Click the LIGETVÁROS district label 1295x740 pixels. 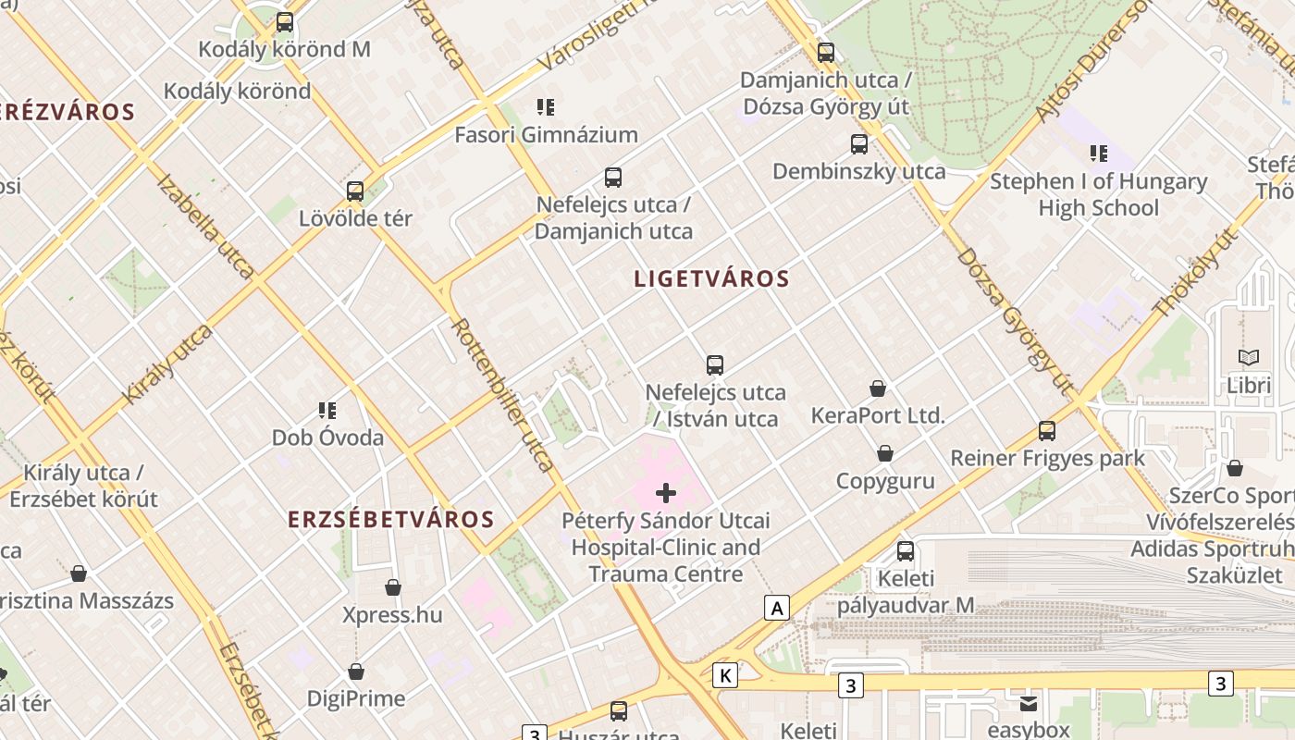[x=711, y=278]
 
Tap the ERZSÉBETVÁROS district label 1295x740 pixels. [x=391, y=519]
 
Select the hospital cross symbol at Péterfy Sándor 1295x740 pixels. [x=665, y=493]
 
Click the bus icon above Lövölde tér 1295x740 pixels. [x=355, y=191]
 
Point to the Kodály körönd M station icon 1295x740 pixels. [x=285, y=22]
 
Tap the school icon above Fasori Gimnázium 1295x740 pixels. [x=546, y=107]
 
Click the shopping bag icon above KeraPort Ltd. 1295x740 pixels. [x=878, y=388]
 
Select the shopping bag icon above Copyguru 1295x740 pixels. [x=885, y=453]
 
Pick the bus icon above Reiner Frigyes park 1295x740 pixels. [x=1047, y=430]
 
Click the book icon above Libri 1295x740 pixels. [x=1249, y=357]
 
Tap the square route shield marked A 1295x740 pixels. [x=777, y=608]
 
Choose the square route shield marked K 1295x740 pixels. [x=725, y=675]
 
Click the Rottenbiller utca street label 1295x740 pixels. [x=503, y=395]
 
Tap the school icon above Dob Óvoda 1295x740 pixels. [x=327, y=410]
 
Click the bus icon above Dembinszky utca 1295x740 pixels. [x=859, y=143]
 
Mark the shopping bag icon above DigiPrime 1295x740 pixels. [x=356, y=672]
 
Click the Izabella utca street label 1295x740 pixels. [x=205, y=226]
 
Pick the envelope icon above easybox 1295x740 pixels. [x=1029, y=704]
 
